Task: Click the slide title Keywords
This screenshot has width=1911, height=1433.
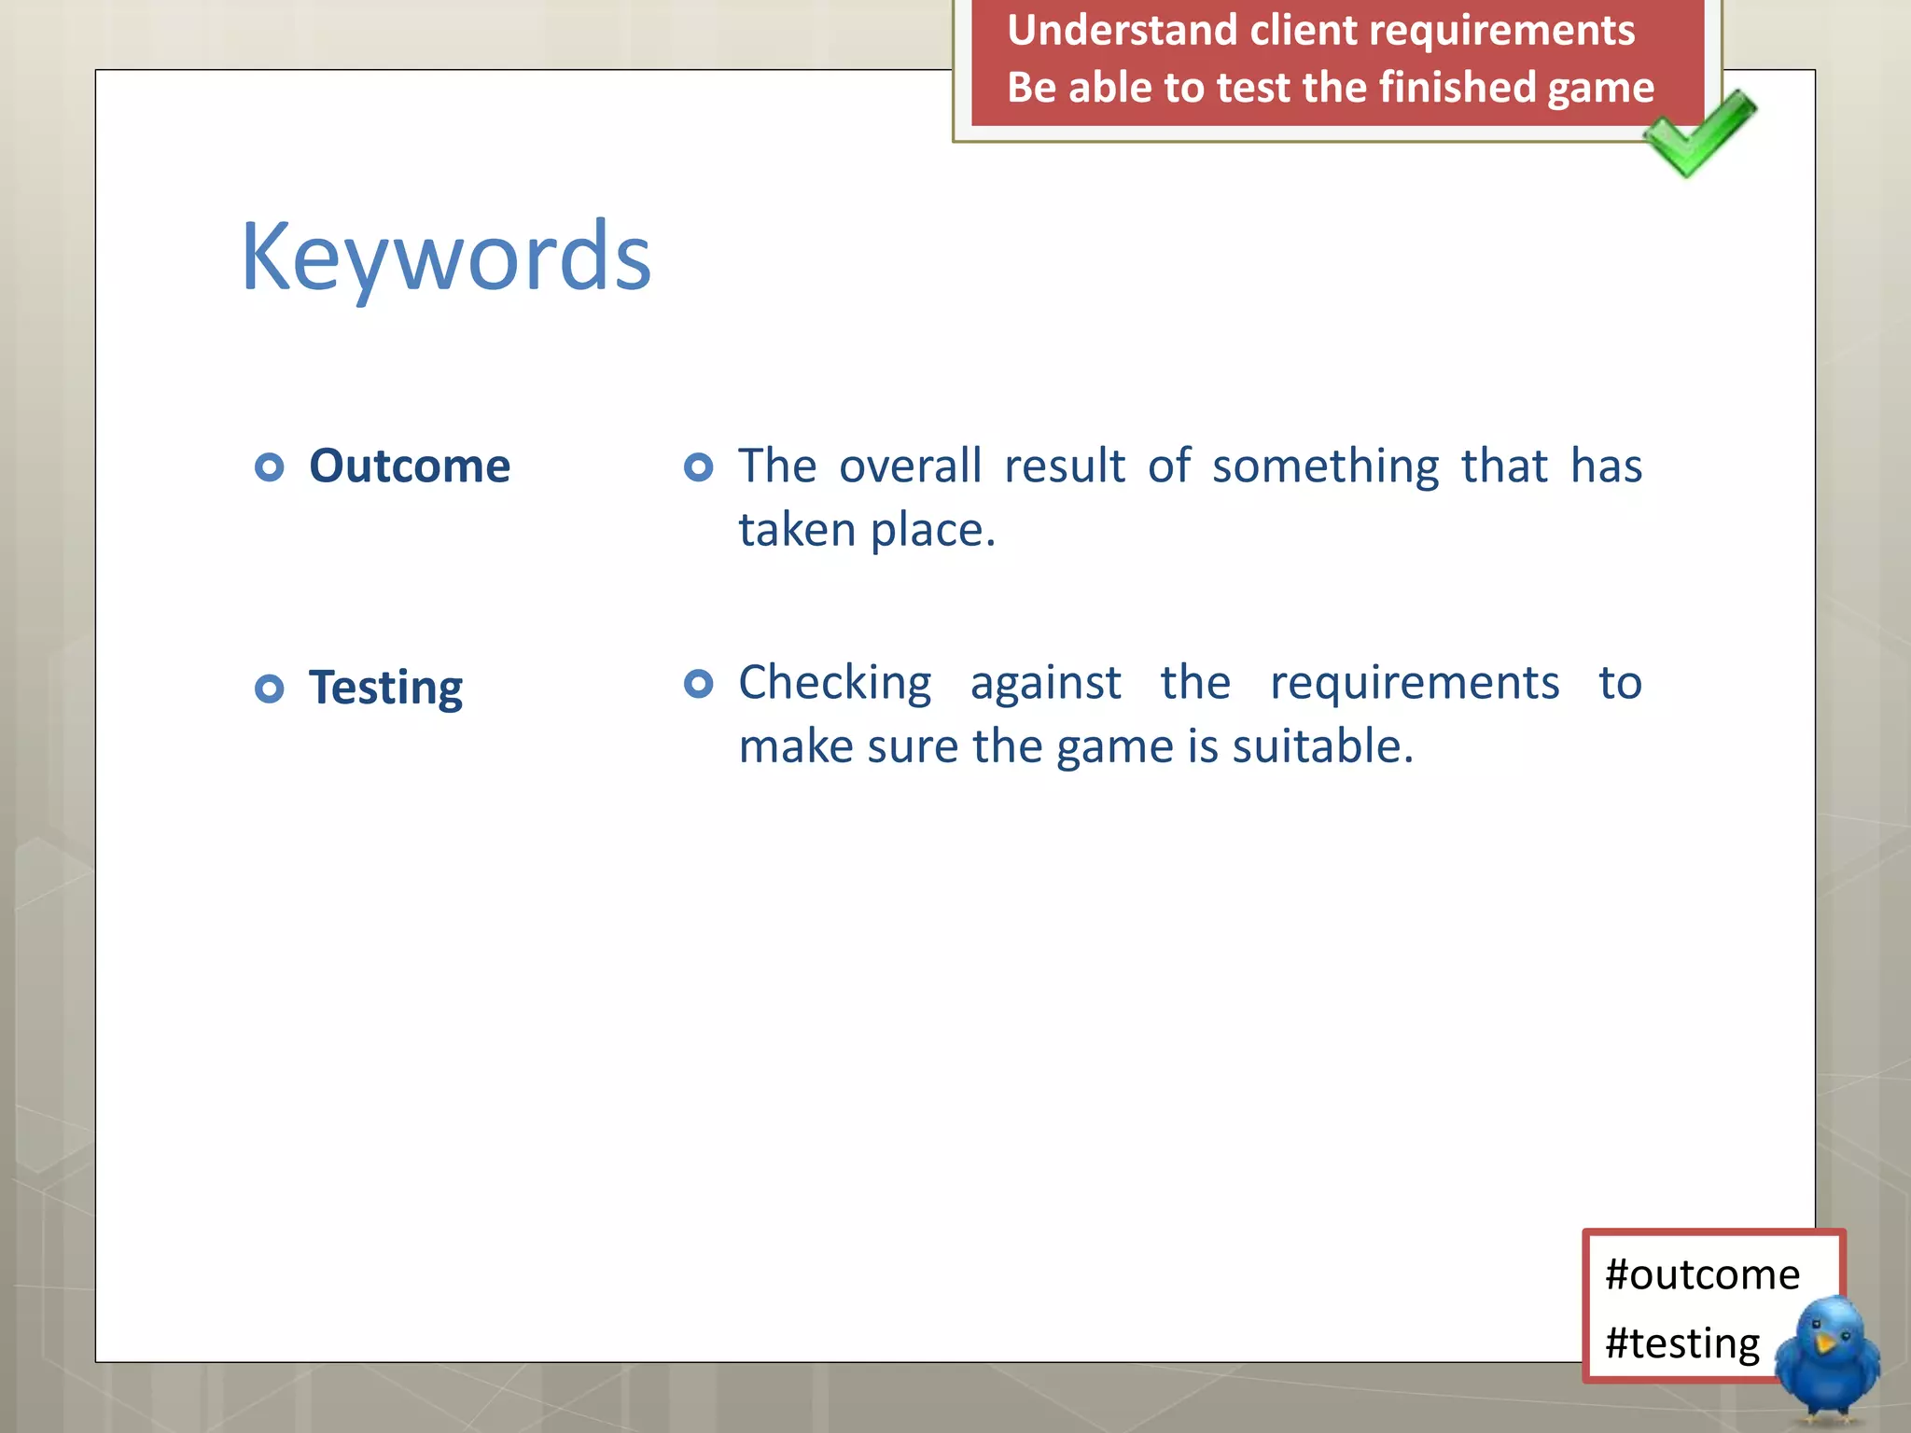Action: (x=445, y=257)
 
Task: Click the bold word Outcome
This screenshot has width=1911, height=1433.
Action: (x=410, y=466)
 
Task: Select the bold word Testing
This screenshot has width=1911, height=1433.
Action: (x=385, y=689)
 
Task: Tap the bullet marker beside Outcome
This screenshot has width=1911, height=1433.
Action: (x=270, y=466)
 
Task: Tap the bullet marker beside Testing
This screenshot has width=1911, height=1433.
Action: (x=270, y=689)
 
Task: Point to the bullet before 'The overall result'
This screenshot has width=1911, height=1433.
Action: (x=698, y=466)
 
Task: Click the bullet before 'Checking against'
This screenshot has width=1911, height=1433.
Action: (x=698, y=684)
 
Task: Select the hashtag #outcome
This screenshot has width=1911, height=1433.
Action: (x=1702, y=1274)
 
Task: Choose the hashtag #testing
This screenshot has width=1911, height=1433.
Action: (x=1682, y=1343)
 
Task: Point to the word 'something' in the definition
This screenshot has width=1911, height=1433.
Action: (x=1325, y=466)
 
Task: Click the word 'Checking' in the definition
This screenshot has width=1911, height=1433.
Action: (x=834, y=684)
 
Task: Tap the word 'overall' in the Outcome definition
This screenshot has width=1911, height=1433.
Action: (x=910, y=466)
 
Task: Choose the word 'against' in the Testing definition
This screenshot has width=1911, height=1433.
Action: (x=1045, y=684)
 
